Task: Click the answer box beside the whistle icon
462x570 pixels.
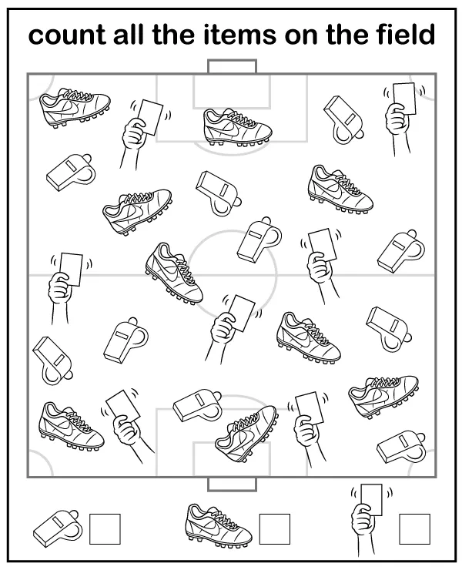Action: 105,528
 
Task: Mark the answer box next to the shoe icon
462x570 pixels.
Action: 274,528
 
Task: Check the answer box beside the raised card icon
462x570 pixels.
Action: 414,528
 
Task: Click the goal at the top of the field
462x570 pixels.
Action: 232,67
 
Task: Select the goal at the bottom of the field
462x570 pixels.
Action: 232,484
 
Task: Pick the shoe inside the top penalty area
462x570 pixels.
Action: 236,126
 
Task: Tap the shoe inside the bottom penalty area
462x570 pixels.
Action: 247,434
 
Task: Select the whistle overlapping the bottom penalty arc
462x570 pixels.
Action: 196,404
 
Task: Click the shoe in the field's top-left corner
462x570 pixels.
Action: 74,108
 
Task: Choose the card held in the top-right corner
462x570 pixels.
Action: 402,99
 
